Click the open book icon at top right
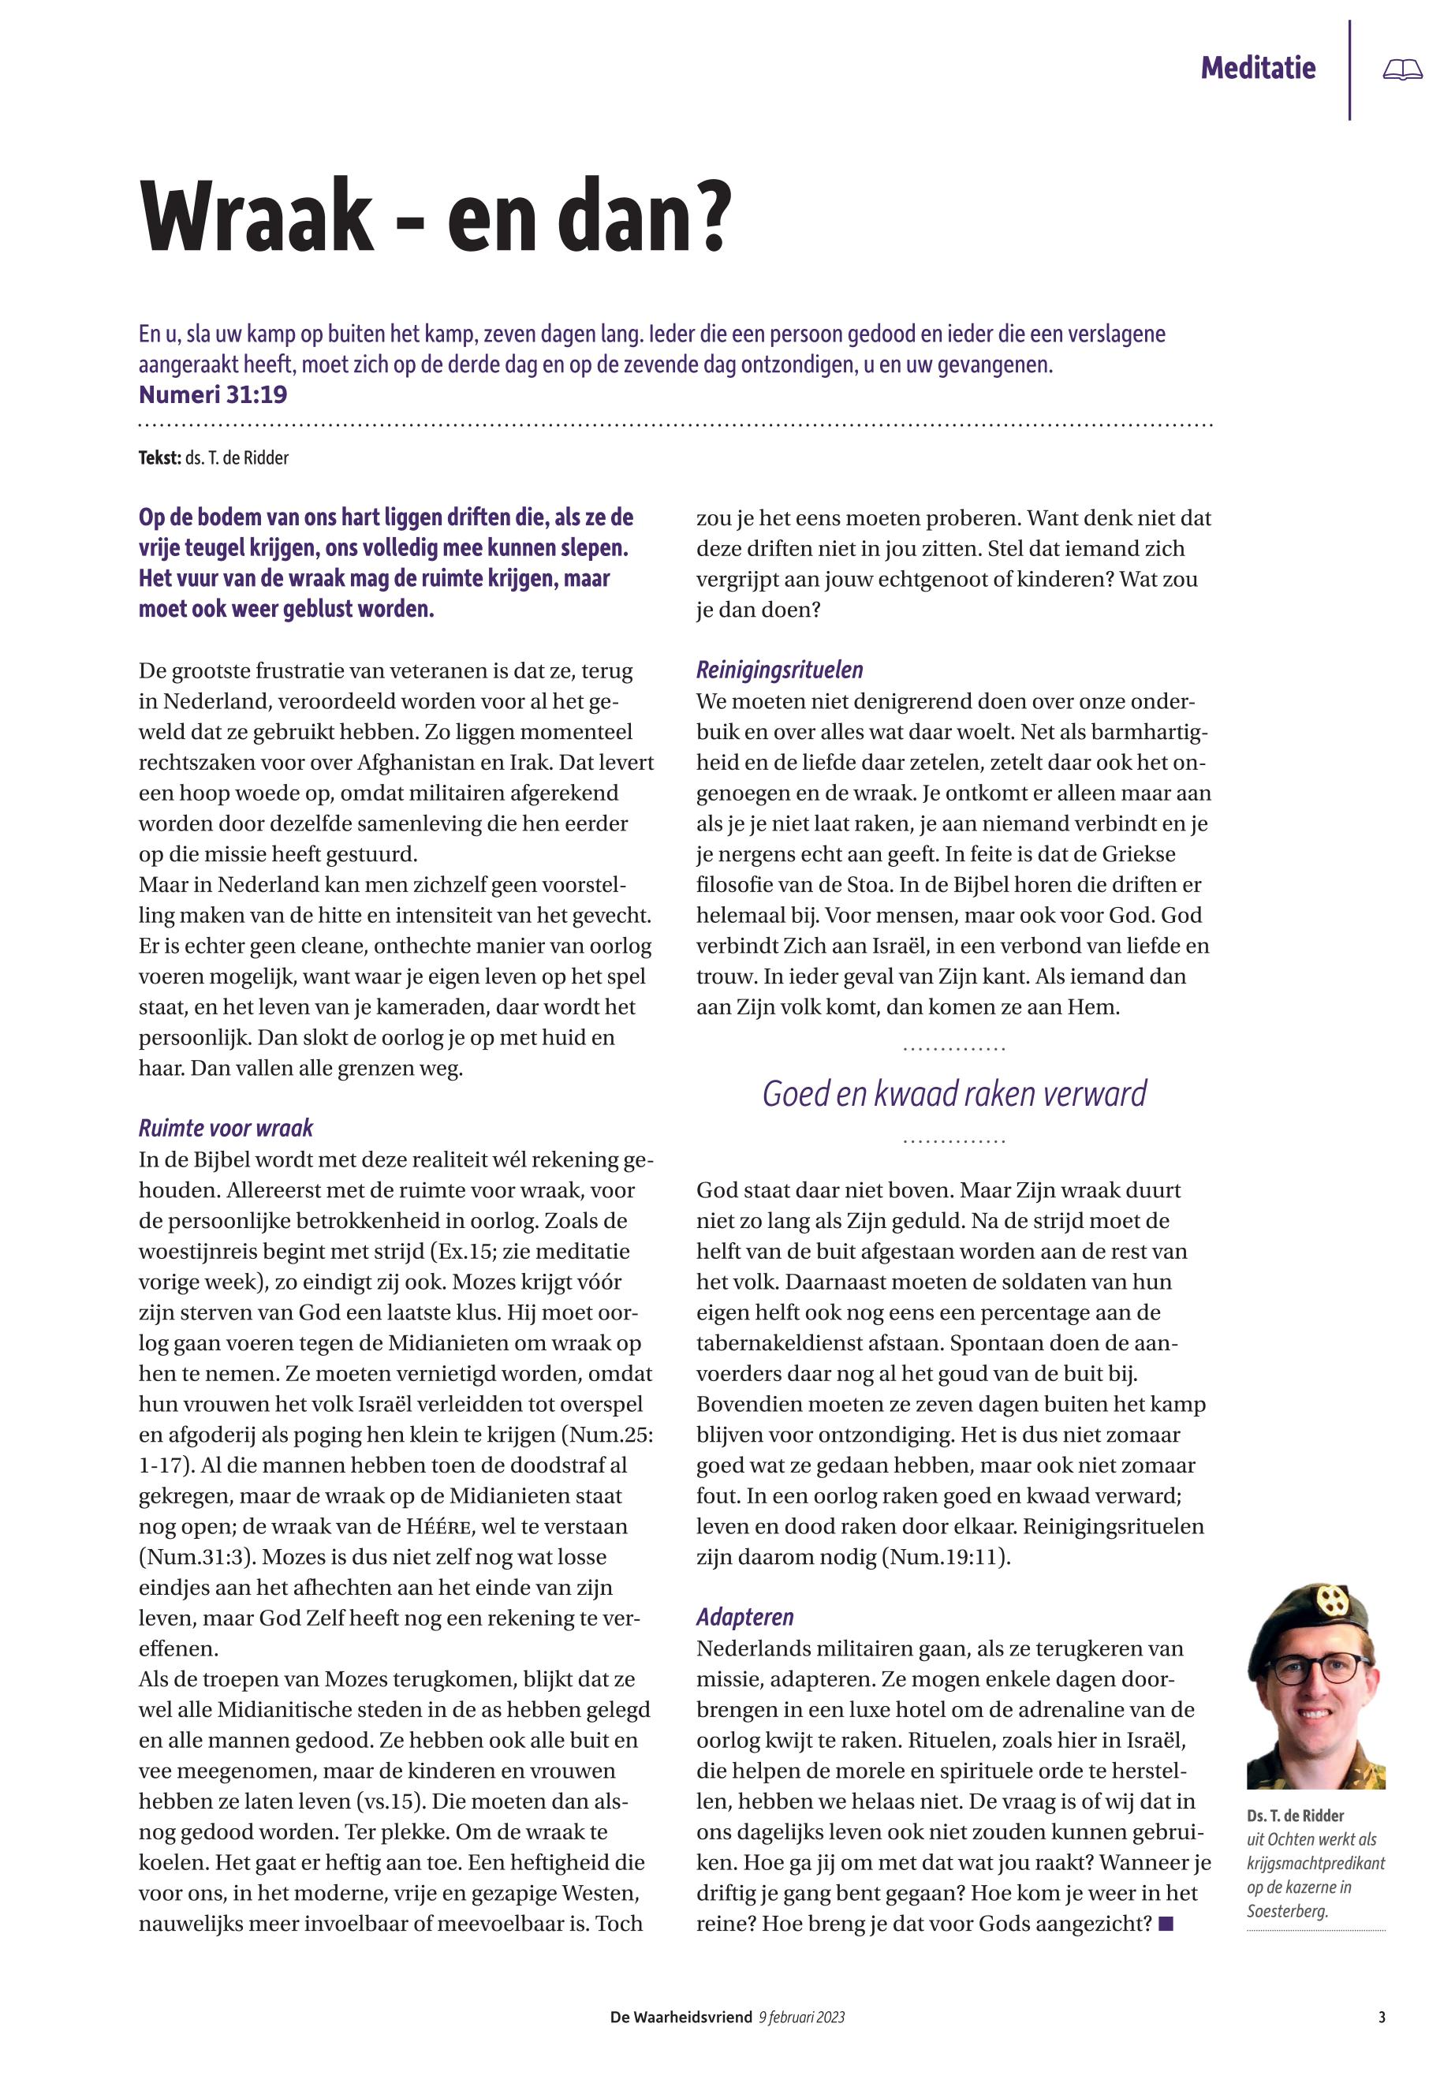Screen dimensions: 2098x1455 pos(1402,69)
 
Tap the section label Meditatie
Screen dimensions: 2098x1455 pos(1257,69)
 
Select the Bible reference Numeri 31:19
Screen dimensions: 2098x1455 pos(212,395)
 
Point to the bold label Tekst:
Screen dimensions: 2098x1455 pos(159,457)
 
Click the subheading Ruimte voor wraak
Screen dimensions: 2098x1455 pos(226,1129)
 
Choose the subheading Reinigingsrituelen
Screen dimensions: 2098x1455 pos(779,670)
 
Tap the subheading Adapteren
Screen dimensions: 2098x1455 pos(744,1618)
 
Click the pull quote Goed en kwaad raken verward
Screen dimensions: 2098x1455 pos(953,1094)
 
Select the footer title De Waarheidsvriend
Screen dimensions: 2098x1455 pos(681,2018)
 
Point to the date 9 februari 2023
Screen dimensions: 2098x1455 pos(801,2018)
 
